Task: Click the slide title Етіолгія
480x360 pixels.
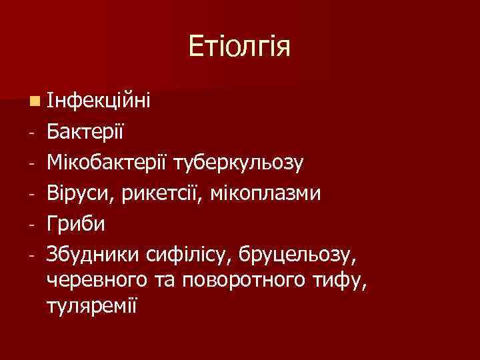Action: pos(239,47)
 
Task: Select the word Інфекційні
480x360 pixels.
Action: pos(99,101)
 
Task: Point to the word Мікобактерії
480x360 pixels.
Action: pos(108,161)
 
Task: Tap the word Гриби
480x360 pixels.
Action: pos(76,223)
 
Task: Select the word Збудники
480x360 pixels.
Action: pos(93,253)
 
